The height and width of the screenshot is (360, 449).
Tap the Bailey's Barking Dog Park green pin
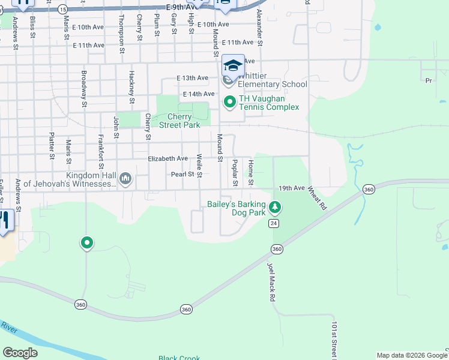tap(275, 208)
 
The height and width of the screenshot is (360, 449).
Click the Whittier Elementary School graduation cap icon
tap(232, 65)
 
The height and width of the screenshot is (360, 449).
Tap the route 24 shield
tap(274, 223)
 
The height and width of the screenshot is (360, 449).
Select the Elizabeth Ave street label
tap(168, 158)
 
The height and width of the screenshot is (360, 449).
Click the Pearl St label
tap(182, 174)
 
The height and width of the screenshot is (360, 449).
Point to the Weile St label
tap(199, 166)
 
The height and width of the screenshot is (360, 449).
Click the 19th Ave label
tap(292, 188)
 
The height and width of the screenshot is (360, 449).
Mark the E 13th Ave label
tap(192, 78)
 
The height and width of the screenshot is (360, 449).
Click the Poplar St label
tap(235, 172)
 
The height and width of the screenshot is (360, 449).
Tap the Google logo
tap(20, 353)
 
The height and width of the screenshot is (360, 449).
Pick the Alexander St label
tap(260, 28)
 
